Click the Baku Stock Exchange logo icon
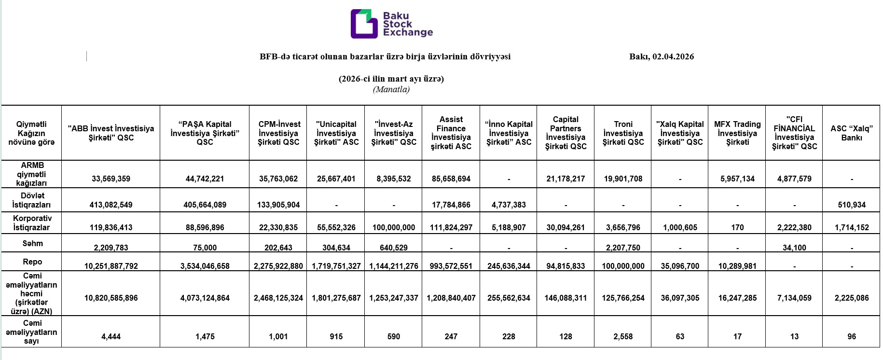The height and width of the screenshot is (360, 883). point(364,24)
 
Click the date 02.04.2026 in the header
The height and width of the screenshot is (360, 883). point(673,56)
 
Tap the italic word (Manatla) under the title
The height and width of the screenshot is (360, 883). point(391,89)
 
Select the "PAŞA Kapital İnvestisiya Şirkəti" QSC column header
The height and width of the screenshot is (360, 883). point(205,133)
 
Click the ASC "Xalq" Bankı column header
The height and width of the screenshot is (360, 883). point(852,133)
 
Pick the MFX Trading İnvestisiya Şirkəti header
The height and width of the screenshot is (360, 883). point(737,133)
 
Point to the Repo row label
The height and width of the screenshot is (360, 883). point(32,262)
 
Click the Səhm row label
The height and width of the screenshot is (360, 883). point(32,244)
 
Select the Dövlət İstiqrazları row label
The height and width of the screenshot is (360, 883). point(31,200)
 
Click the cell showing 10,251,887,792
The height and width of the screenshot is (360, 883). point(111,266)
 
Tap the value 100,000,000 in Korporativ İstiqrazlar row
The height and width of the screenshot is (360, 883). point(394,227)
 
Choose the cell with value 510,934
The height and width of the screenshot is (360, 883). point(852,205)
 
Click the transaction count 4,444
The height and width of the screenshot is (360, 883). point(111,336)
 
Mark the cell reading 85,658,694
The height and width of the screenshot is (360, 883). point(451,179)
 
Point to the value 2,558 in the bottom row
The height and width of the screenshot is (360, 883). point(623,336)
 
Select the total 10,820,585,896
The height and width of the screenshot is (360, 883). point(111,298)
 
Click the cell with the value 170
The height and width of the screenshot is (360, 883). point(737,227)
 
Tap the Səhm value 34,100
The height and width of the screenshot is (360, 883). point(794,248)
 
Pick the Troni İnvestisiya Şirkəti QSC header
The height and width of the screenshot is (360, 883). point(623,133)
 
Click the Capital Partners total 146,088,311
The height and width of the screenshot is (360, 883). point(566,298)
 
